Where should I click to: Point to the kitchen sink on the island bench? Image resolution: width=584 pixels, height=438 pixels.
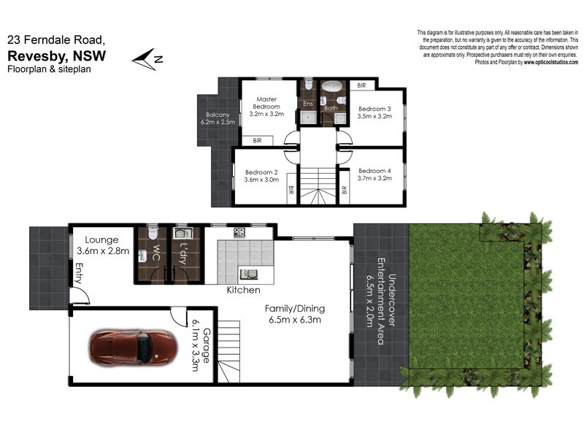[x=251, y=274]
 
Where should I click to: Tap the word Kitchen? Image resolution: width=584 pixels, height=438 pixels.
[x=244, y=290]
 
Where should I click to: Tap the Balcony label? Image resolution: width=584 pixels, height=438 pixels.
[x=218, y=115]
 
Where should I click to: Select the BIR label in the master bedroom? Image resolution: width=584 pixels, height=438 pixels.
[x=257, y=140]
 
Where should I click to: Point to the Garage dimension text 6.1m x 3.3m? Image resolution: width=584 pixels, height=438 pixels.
[x=201, y=344]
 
